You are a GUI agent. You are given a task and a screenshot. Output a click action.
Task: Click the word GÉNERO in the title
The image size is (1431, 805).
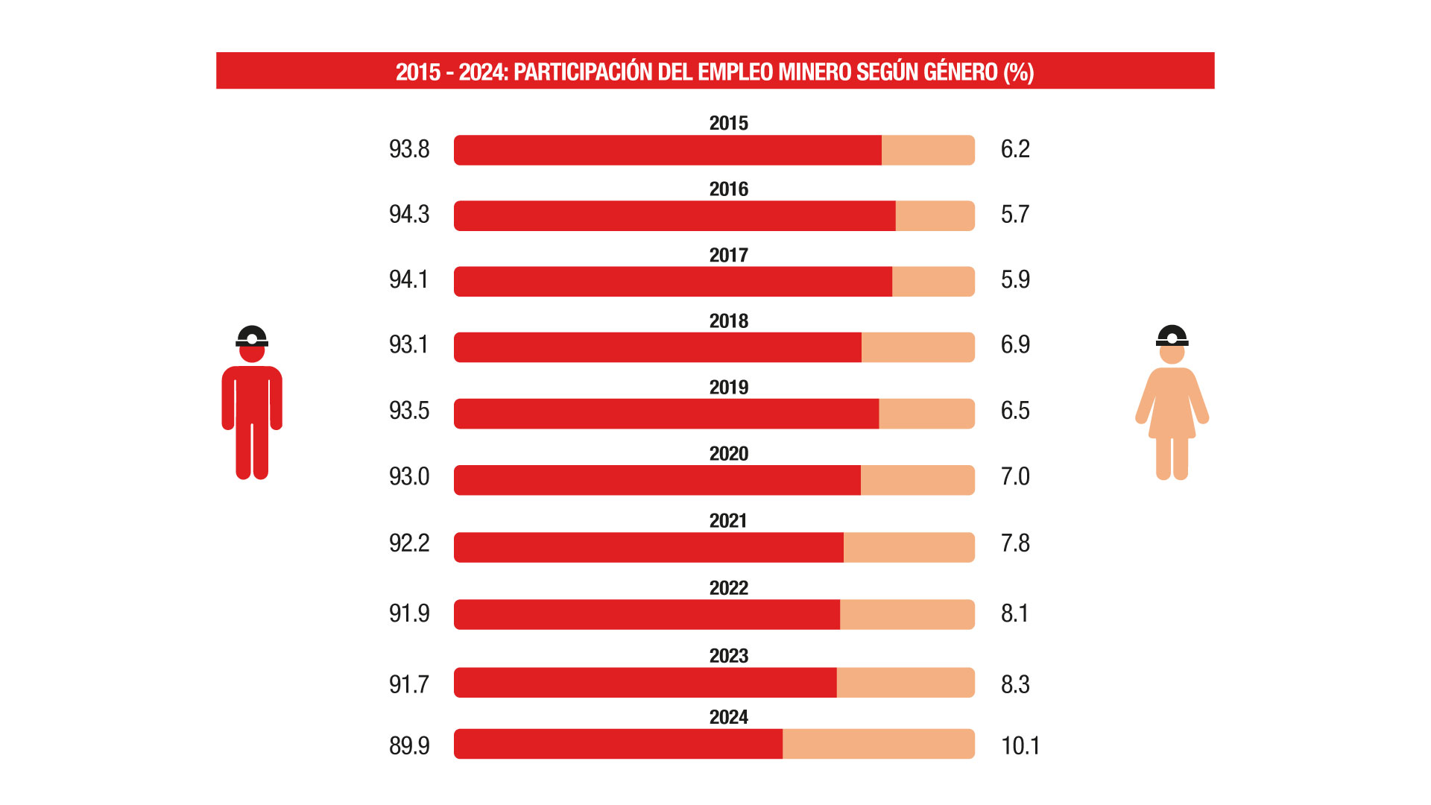(961, 72)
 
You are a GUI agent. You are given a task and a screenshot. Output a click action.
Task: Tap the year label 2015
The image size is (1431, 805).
(728, 123)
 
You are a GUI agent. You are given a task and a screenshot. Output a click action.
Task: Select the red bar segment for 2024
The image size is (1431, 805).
(618, 744)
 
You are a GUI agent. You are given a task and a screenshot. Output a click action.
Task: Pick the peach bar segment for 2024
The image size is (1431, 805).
(878, 744)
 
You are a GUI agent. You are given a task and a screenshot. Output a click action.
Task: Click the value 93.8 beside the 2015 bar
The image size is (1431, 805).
(409, 149)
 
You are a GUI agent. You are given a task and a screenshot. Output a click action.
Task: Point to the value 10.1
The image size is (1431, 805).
(1020, 745)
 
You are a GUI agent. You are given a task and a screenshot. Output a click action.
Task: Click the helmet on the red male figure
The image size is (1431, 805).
(252, 336)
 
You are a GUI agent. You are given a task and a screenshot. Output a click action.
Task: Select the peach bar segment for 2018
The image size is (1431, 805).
(917, 347)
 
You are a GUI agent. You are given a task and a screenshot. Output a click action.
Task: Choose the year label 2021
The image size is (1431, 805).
(728, 520)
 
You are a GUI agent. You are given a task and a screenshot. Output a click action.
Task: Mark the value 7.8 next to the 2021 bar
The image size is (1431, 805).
(1015, 543)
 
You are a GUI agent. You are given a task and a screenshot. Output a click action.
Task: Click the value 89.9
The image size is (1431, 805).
(409, 745)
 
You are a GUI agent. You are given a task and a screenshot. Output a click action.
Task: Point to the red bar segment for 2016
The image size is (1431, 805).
(675, 216)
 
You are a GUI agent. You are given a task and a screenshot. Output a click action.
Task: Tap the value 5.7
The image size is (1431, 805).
(1014, 215)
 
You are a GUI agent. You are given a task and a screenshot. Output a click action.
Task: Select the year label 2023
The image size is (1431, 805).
(728, 656)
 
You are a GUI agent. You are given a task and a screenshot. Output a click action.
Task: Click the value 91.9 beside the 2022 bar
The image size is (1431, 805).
(409, 613)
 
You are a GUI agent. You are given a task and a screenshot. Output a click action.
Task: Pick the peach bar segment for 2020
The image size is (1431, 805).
(917, 480)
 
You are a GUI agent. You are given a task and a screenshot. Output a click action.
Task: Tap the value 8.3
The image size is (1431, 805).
(1015, 684)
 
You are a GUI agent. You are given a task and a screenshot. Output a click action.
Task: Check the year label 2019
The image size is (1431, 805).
(728, 388)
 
